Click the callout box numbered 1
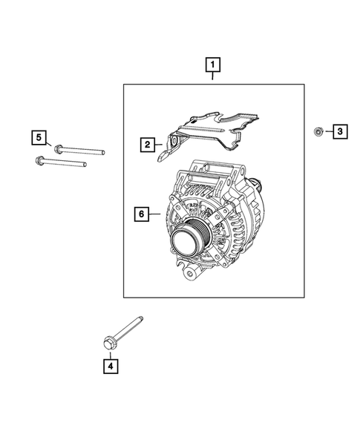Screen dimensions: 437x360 (x=213, y=70)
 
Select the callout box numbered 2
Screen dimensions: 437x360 (x=148, y=144)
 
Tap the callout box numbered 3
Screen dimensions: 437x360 (x=338, y=132)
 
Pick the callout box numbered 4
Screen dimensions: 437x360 (x=110, y=365)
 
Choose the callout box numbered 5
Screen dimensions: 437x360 (x=38, y=137)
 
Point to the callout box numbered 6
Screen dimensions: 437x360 (x=140, y=214)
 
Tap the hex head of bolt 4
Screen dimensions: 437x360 (x=108, y=342)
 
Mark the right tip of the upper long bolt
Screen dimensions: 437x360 (x=102, y=152)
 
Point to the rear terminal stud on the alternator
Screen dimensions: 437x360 (x=257, y=186)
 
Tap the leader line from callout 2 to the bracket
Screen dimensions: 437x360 (x=160, y=144)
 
